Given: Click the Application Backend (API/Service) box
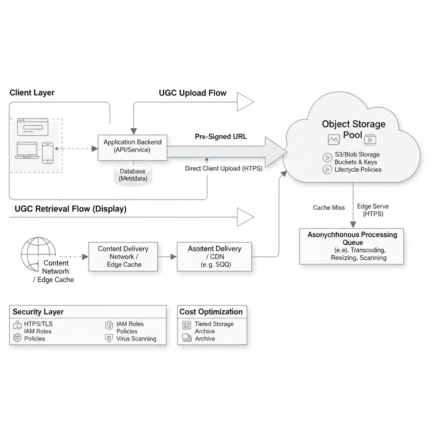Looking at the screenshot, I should (132, 146).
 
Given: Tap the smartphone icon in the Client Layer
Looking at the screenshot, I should (48, 153).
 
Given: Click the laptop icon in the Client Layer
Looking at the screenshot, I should (27, 151).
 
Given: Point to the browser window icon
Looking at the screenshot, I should (33, 127).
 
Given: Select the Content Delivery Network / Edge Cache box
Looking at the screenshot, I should (123, 256).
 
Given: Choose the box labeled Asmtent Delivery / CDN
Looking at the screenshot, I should (214, 256).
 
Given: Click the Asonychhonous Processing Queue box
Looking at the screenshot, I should (352, 246).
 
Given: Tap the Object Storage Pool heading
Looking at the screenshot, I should (354, 129).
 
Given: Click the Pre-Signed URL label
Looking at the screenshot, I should (221, 137).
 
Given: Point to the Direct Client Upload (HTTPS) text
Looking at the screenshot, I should (224, 168).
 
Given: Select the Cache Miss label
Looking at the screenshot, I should (329, 208).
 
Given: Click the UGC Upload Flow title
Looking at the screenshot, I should (192, 93).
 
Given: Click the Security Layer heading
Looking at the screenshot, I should (38, 312).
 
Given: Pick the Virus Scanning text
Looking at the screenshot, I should (136, 339).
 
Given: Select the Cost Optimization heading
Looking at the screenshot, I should (211, 312).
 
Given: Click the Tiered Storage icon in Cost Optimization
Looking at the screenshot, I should (187, 325).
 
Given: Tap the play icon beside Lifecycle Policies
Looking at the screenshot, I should (327, 170).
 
